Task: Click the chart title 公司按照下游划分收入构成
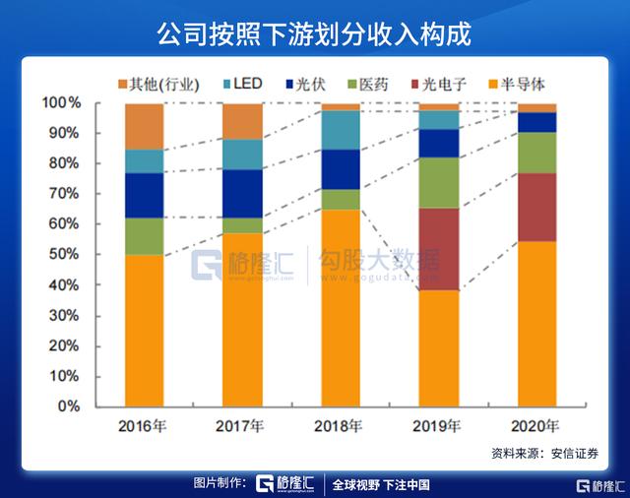pos(314,33)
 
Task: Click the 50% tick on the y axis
pos(66,255)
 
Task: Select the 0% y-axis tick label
pos(70,406)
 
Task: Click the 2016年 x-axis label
pos(144,427)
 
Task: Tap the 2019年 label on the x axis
pos(439,427)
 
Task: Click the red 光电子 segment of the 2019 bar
pos(439,249)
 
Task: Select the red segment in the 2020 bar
pos(537,207)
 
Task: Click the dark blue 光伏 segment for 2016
pos(144,195)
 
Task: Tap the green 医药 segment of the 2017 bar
pos(242,225)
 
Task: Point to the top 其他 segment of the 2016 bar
pos(144,126)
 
